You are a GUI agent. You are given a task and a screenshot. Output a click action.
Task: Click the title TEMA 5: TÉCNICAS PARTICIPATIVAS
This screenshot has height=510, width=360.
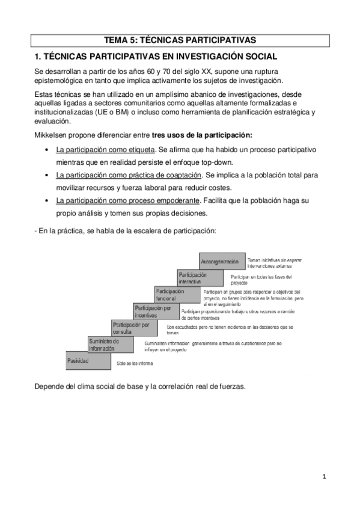click(x=180, y=40)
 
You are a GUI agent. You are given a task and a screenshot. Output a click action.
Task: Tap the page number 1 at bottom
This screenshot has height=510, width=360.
click(x=323, y=476)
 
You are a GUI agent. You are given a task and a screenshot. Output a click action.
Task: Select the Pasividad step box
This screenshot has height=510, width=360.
click(x=78, y=361)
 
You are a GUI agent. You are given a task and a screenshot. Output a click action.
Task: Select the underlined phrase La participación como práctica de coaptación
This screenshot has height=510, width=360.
click(x=128, y=175)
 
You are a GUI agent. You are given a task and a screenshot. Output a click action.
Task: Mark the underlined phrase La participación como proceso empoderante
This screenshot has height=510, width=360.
click(x=128, y=201)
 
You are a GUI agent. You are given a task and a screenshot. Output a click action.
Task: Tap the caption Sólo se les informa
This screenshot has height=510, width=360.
click(x=135, y=364)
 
